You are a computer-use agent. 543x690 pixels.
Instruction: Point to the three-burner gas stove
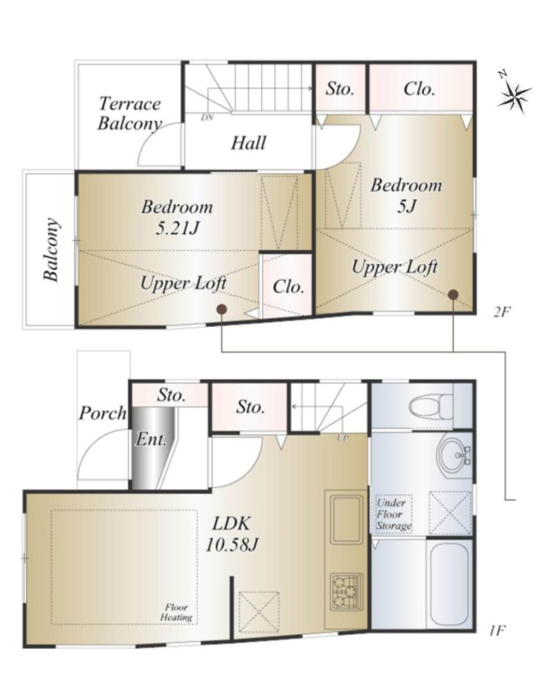347,591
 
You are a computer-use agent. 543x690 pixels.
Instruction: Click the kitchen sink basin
347,519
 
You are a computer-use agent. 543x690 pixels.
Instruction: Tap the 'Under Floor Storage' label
393,514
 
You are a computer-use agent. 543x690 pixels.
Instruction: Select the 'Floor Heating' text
177,612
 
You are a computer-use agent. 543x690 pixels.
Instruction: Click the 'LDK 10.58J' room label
232,534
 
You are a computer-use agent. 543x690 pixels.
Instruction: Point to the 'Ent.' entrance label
151,439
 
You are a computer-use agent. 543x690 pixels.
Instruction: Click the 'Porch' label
102,413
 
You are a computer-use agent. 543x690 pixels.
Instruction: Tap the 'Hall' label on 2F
249,143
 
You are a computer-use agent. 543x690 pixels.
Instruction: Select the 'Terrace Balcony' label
130,113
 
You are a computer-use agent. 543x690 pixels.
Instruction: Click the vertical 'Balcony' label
51,250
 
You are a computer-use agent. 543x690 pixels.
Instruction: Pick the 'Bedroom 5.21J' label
177,217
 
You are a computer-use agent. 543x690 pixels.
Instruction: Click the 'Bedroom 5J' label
406,195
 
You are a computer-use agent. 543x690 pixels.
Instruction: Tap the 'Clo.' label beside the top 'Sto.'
419,90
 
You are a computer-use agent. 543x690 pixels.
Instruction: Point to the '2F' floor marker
502,312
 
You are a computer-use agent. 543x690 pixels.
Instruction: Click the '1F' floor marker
496,631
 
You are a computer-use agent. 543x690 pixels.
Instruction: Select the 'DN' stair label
207,118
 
